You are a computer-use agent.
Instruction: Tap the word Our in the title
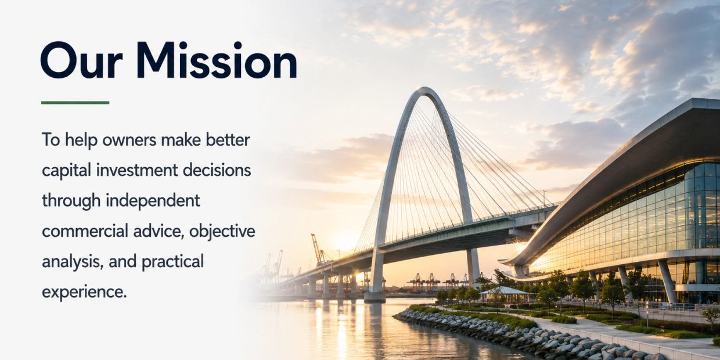click(x=82, y=61)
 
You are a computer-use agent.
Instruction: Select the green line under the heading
click(x=75, y=103)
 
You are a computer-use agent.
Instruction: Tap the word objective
click(x=222, y=232)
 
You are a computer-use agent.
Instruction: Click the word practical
click(x=172, y=262)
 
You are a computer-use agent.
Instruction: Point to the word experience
click(x=84, y=293)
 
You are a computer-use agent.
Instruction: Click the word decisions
click(x=217, y=170)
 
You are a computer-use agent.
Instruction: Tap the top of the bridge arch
click(x=425, y=89)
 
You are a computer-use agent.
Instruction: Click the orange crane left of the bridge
click(x=319, y=250)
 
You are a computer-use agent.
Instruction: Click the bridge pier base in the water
click(x=375, y=297)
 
